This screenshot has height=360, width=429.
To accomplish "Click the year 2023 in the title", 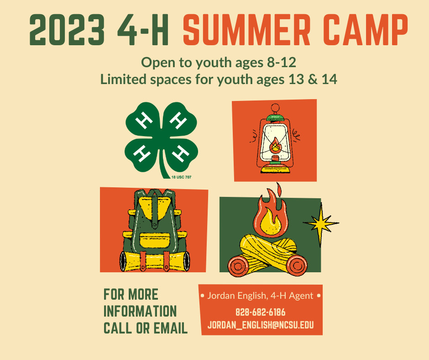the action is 67,30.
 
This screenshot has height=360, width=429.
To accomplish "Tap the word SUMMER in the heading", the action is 246,30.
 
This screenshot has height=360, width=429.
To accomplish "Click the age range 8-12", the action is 282,63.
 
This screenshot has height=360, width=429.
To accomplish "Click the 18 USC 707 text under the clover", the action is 181,177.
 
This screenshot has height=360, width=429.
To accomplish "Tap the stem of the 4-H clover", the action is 164,166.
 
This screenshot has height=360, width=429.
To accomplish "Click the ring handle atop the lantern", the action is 275,108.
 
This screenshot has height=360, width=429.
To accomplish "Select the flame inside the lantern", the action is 275,145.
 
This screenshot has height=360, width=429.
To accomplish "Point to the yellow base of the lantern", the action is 275,169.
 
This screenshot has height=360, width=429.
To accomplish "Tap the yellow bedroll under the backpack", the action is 155,261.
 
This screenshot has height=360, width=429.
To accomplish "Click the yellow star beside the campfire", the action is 321,224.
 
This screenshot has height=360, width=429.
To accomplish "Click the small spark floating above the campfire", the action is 279,189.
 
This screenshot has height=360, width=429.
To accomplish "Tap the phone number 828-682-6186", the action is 261,312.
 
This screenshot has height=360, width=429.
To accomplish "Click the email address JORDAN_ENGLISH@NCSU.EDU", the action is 261,325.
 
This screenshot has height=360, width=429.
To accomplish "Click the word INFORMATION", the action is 140,312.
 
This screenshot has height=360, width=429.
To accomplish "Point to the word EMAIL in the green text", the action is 171,328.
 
